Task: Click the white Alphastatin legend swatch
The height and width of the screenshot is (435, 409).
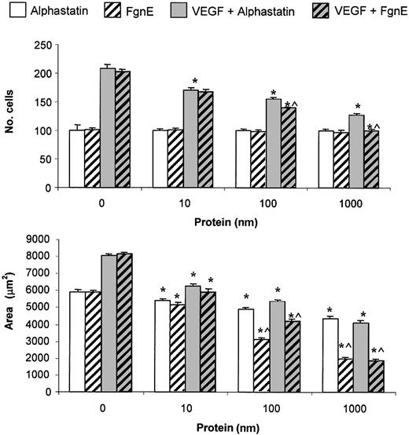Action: click(13, 11)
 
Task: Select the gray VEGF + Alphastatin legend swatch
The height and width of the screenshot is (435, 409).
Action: click(180, 11)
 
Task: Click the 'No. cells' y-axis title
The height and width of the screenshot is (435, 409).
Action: click(14, 115)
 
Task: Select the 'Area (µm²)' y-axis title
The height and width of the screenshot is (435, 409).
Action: click(14, 324)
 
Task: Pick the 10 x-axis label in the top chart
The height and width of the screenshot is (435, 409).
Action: click(186, 203)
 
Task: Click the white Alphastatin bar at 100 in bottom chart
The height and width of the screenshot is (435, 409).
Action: click(246, 351)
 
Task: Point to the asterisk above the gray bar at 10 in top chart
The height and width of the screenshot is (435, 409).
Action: click(193, 80)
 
